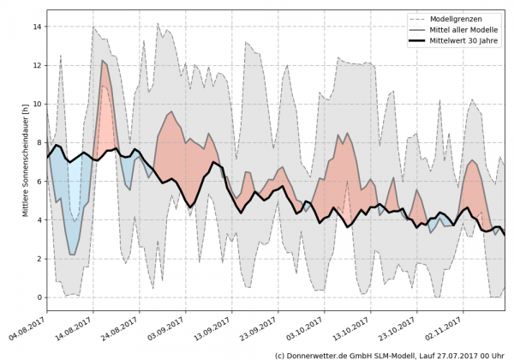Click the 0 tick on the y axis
click(x=39, y=297)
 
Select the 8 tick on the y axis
click(x=39, y=142)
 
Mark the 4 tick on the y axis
click(x=39, y=220)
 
